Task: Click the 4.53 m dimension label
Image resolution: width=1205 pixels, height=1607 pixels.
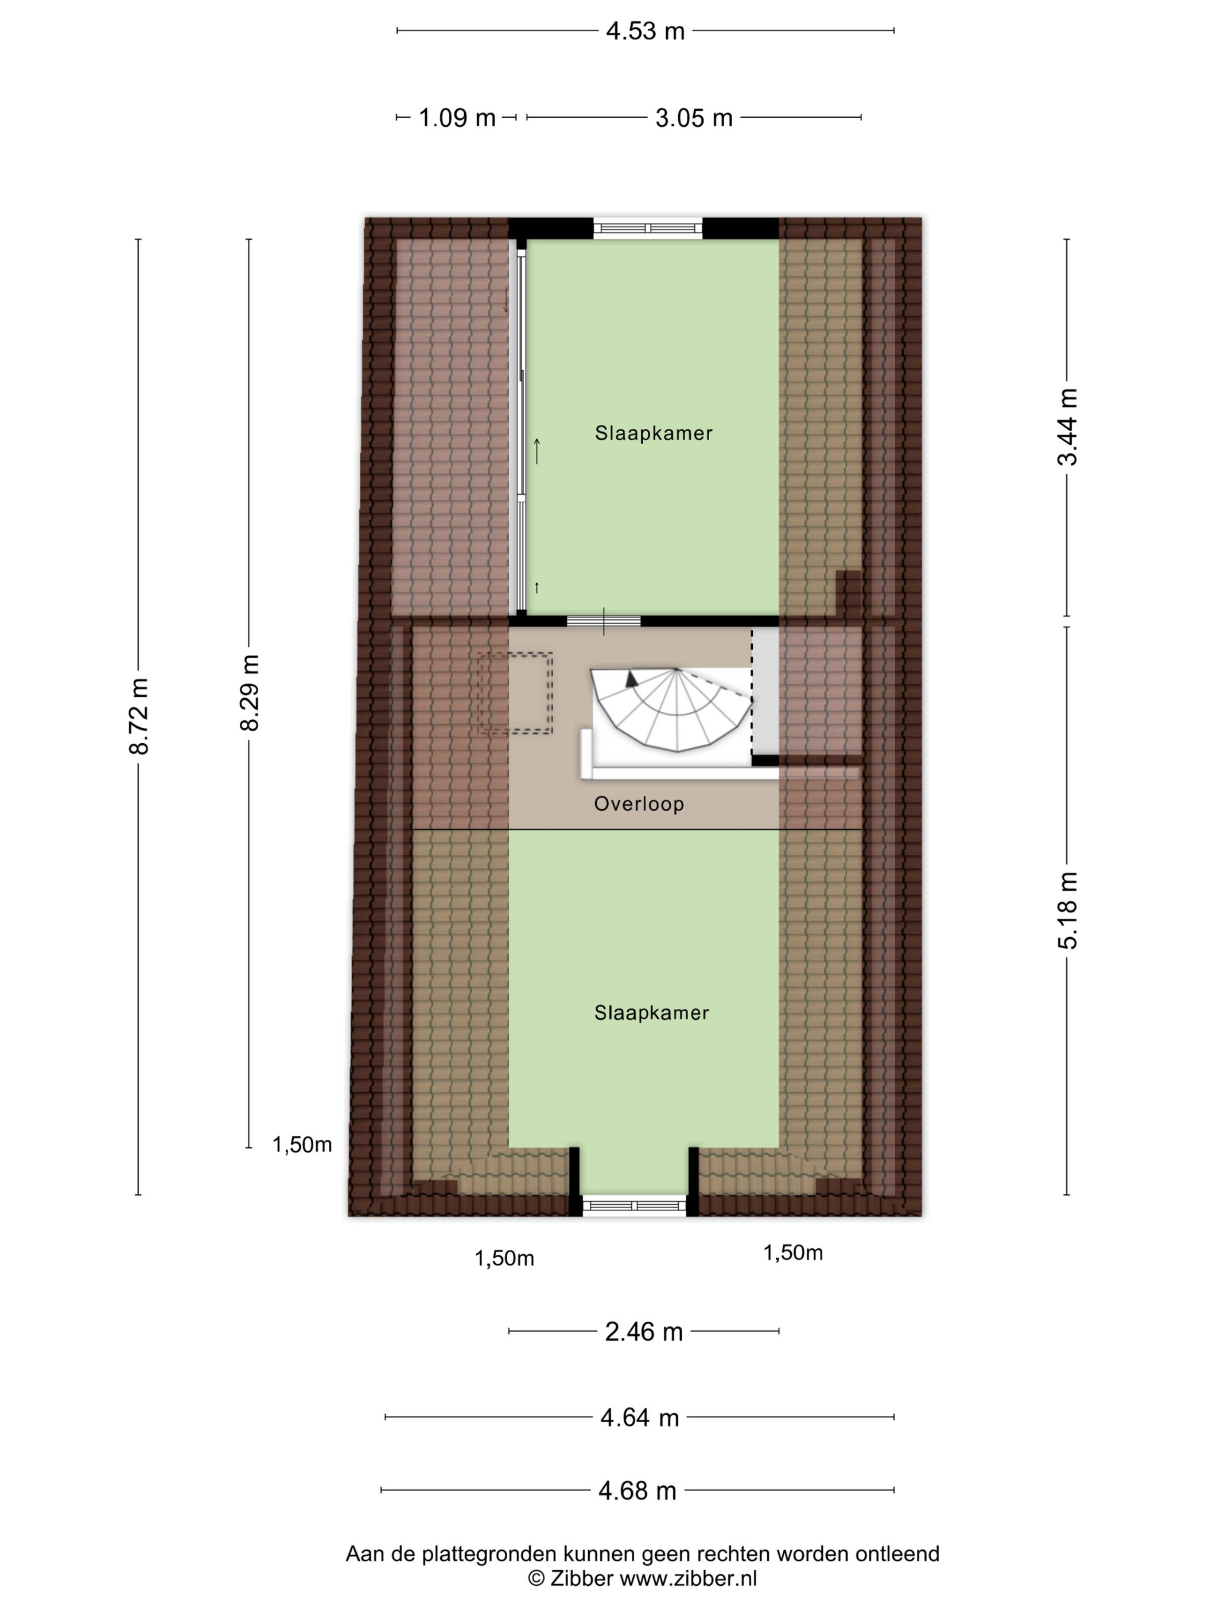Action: coord(645,31)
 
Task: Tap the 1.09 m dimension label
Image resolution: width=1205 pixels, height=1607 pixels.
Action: coord(457,118)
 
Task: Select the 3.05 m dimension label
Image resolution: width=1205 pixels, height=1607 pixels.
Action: coord(694,118)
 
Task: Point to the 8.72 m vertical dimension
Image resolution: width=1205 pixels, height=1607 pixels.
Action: coord(139,716)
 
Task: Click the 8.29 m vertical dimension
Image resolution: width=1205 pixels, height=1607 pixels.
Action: coord(250,692)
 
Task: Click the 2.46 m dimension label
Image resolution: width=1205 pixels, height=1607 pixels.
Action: coord(644,1332)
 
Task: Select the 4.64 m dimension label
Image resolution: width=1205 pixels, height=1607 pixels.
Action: coord(640,1418)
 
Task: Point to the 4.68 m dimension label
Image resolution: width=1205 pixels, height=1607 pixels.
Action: coord(638,1490)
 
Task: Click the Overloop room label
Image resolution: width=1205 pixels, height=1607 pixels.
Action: coord(639,804)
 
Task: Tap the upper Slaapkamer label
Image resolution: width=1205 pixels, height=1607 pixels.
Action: coord(654,433)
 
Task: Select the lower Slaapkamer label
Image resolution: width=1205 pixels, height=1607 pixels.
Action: coord(651,1013)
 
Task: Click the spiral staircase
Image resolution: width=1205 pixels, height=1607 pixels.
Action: coord(672,708)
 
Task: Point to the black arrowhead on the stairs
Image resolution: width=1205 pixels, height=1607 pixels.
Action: coord(632,680)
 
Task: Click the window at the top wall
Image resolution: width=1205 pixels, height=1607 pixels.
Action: coord(648,229)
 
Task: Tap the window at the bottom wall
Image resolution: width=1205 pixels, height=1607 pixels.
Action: coord(635,1206)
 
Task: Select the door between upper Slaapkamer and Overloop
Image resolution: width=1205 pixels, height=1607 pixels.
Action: coord(604,621)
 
